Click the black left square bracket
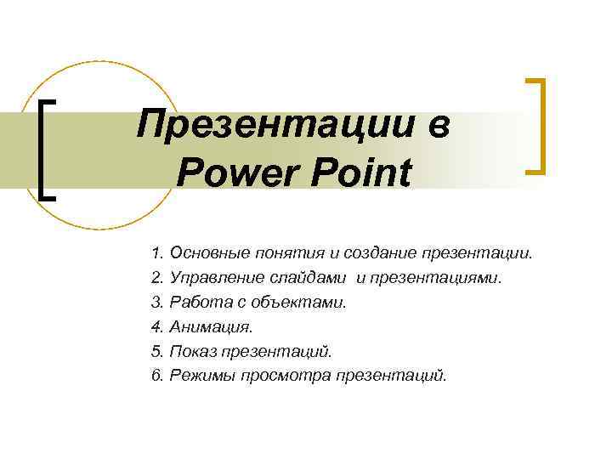click(47, 149)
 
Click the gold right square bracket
click(536, 127)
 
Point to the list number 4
click(156, 326)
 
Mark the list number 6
click(156, 376)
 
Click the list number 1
click(156, 252)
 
